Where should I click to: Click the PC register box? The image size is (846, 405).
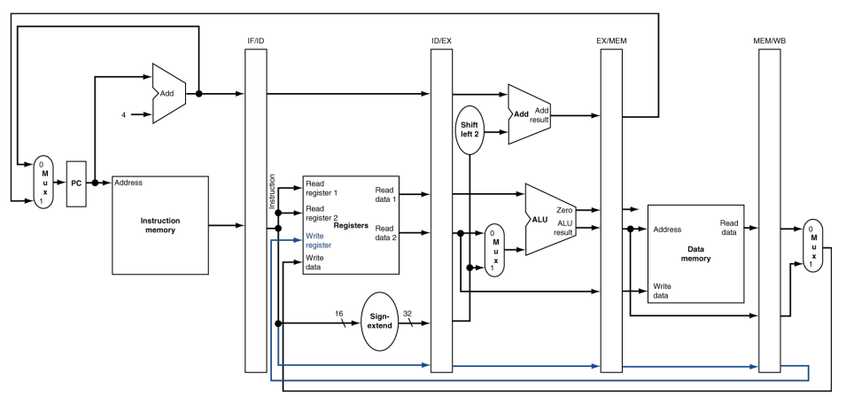[77, 184]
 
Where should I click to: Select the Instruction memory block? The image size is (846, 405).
[159, 225]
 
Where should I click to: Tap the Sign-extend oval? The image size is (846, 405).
[381, 321]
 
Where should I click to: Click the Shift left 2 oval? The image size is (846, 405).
[470, 129]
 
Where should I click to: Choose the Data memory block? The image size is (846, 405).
[695, 254]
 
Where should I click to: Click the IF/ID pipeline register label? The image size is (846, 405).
[256, 42]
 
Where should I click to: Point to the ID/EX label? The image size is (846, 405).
[442, 42]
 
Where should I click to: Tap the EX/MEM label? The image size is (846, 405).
[611, 42]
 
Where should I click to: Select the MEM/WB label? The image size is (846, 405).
[769, 42]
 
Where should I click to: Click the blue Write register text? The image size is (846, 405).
[320, 240]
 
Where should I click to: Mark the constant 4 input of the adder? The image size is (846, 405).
[124, 113]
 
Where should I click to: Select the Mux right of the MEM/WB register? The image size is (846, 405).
[812, 245]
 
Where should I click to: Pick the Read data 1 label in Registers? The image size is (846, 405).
[385, 194]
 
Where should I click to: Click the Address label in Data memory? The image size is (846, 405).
[667, 230]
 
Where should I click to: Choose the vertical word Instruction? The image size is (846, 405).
[272, 191]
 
